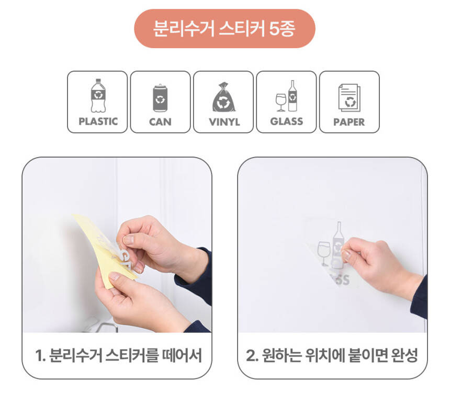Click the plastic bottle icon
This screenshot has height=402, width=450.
tap(98, 96)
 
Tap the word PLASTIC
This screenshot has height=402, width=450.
tap(98, 121)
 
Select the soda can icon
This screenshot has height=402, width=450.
tap(160, 98)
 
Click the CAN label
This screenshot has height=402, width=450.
tap(160, 122)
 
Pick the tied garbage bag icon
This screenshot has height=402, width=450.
tap(223, 97)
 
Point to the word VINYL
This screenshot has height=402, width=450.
tap(224, 122)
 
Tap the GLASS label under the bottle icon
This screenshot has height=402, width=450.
tap(286, 121)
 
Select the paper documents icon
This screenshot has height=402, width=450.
tap(349, 98)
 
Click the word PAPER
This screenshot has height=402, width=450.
tap(349, 122)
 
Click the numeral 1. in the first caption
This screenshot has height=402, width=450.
tap(40, 355)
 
